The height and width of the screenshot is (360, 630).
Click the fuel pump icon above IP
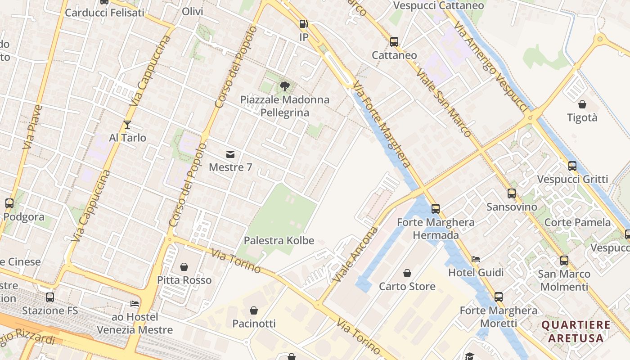coord(304,24)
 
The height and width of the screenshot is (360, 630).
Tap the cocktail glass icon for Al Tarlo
coord(127,125)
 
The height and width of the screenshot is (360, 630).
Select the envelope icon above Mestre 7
coord(230,154)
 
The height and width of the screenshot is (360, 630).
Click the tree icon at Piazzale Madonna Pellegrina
coord(284,86)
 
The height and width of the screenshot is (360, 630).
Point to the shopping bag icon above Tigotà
coord(582,104)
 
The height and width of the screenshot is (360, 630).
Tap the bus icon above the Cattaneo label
coord(394,42)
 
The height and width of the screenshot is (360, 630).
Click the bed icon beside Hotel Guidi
coord(476,259)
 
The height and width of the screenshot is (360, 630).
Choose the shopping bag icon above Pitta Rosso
coord(184,267)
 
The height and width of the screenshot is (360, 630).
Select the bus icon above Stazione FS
coord(50,297)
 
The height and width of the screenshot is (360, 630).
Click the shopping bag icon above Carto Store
coord(407,273)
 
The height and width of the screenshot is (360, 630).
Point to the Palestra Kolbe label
coord(279,240)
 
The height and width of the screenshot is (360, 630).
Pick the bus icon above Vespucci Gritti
coord(572,166)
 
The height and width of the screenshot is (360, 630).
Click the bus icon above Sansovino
coord(512,193)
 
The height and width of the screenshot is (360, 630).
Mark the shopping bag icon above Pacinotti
coord(254,310)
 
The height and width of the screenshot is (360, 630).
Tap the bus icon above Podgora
coord(9,203)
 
